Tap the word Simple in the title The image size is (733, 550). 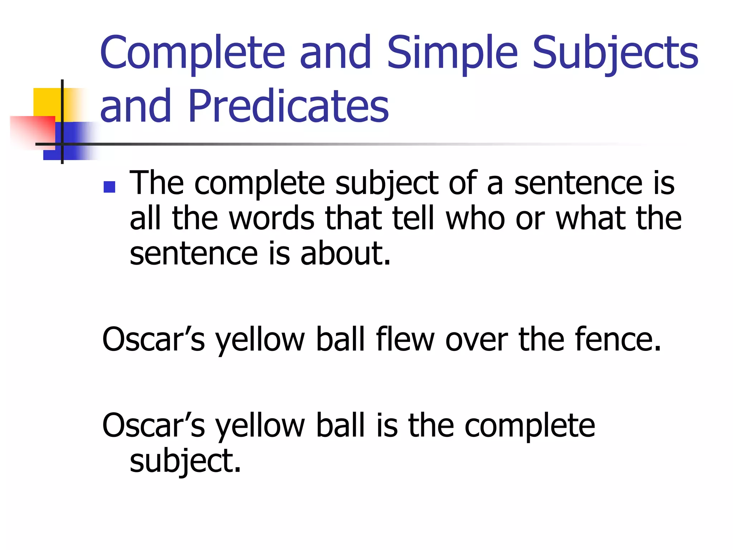[452, 53]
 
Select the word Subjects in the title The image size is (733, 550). [615, 53]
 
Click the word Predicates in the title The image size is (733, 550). [288, 106]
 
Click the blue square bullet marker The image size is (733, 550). [109, 187]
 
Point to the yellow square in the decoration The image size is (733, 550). [47, 102]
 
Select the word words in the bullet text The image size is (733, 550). [272, 218]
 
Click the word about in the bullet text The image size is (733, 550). [345, 254]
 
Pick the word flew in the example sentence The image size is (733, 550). [405, 339]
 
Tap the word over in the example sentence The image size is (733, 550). [476, 339]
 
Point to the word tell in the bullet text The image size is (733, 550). [414, 218]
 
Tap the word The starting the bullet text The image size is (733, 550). [157, 183]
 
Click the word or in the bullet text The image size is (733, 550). [530, 219]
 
